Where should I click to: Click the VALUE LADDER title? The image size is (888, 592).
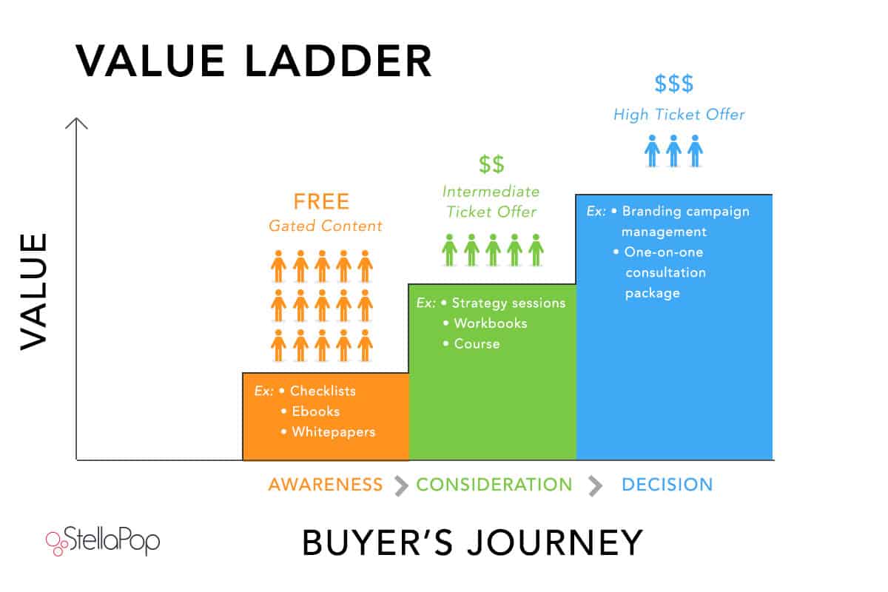pos(254,61)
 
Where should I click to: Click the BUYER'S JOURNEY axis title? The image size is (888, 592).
pos(472,542)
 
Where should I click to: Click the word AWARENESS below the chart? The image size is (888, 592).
pos(326,485)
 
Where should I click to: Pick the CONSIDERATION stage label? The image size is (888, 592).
pos(494,485)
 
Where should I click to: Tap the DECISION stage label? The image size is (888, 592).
pos(667,485)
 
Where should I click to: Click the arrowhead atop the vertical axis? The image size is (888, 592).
pos(76,123)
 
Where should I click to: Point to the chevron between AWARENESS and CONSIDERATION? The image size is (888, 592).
pos(401,485)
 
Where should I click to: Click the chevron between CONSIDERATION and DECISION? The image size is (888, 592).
pos(595,485)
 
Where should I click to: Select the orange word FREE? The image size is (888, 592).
pos(321,201)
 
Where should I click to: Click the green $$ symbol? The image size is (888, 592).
pos(491,165)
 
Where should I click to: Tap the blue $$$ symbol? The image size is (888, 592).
pos(674,84)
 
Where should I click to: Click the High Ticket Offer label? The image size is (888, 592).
pos(679,115)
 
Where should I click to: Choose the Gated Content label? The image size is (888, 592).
pos(326,226)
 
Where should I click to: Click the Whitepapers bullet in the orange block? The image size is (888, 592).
pos(333,431)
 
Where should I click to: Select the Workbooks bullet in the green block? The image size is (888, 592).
pos(490,323)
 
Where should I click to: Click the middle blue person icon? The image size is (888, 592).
pos(673,150)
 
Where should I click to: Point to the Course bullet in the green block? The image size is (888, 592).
pos(477,344)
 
